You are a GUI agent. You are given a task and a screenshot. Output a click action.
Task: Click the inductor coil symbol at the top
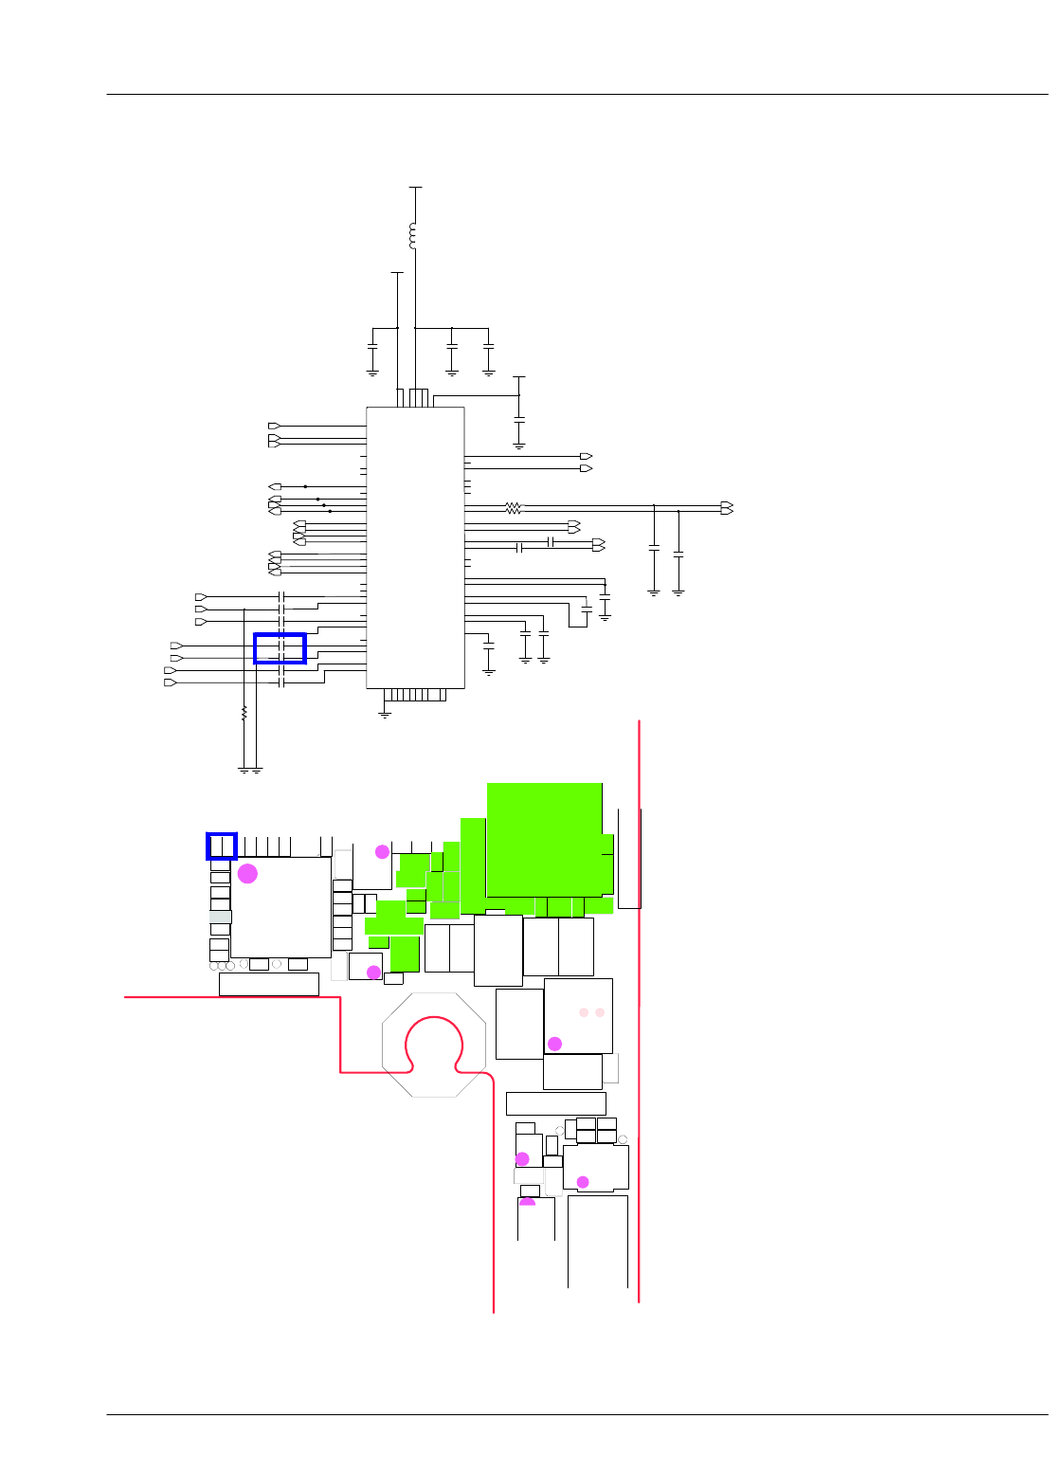tap(412, 235)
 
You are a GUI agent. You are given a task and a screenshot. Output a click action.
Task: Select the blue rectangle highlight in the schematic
tap(280, 648)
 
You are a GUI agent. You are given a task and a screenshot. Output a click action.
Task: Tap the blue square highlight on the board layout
tap(222, 846)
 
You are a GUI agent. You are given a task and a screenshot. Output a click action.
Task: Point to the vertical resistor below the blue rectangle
tap(244, 713)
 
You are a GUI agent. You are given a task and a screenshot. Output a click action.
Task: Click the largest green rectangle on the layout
tap(544, 839)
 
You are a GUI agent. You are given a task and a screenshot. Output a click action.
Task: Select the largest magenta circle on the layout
tap(247, 873)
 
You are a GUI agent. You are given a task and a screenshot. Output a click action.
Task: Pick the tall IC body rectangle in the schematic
tap(415, 548)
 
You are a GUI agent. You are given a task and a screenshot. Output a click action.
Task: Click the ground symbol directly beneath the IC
tap(385, 714)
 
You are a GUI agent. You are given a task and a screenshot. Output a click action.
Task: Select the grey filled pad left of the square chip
tap(220, 917)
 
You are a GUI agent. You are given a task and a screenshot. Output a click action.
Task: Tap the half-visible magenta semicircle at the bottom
tap(528, 1203)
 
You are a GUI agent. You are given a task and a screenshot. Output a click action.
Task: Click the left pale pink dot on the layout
tap(584, 1012)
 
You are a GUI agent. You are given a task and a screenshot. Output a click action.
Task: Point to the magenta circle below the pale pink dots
tap(555, 1044)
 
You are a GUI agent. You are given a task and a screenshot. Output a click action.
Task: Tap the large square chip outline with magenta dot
tap(281, 907)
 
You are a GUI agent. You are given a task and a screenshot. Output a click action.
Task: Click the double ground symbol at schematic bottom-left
tap(250, 771)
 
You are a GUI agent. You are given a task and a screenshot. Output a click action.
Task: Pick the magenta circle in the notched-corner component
tap(583, 1181)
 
